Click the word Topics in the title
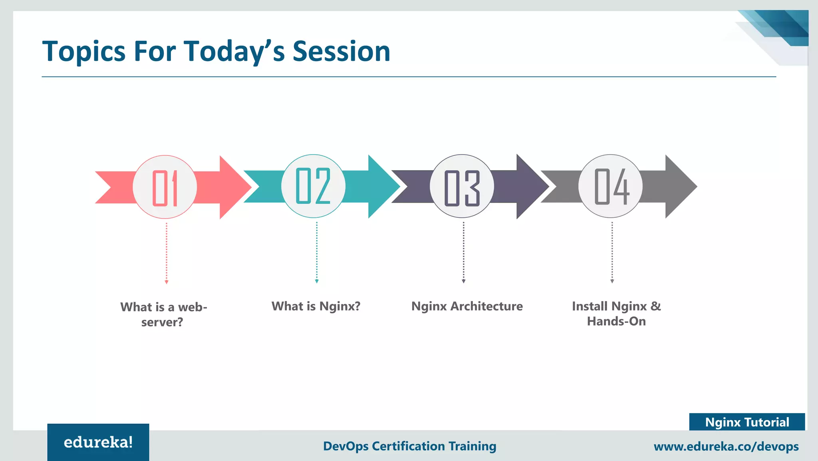coord(84,52)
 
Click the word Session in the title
coord(341,52)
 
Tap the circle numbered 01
coord(165,187)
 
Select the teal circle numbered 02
coord(313,186)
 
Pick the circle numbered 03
coord(462,187)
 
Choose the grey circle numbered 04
coord(610,187)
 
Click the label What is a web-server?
coord(163,314)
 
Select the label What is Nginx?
coord(316,306)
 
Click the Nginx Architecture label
coord(467,306)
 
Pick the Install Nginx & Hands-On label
coord(616,314)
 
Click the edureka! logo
coord(98,442)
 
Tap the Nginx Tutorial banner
coord(747,422)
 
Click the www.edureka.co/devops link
coord(726,446)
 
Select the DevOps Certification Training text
coord(409,446)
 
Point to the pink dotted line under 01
coord(167,252)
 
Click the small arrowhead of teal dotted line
coord(317,281)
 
